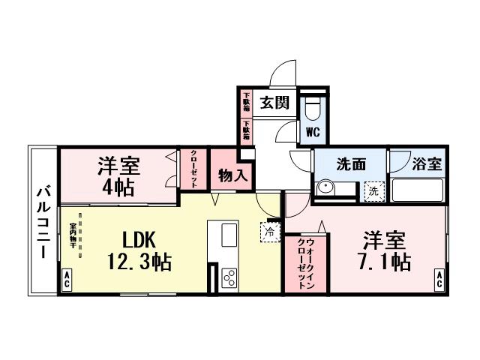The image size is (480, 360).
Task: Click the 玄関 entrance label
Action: click(274, 103)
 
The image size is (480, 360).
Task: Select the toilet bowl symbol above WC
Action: click(313, 108)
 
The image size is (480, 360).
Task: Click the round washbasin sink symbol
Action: click(325, 188)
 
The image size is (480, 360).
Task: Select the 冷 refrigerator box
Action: click(270, 232)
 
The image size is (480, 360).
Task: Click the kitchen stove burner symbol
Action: click(229, 278)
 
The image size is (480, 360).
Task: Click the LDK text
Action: click(139, 239)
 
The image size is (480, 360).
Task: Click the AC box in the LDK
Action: click(66, 281)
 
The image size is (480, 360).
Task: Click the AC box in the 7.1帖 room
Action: click(438, 281)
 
